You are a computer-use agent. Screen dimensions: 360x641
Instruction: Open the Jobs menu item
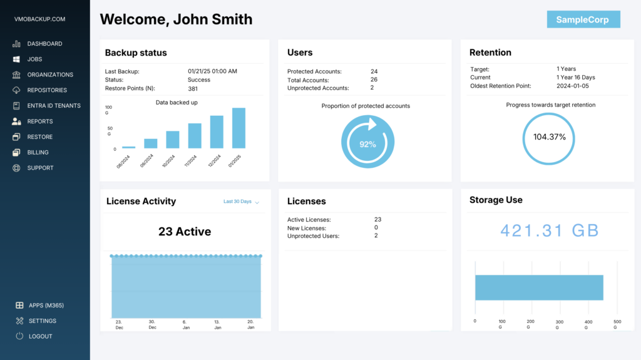[x=34, y=59]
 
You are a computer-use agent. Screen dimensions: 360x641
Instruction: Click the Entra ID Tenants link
[x=54, y=106]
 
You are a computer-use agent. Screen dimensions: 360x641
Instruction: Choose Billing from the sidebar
[x=38, y=152]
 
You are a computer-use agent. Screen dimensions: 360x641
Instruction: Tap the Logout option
[x=40, y=336]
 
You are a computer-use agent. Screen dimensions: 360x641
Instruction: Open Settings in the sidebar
[x=42, y=321]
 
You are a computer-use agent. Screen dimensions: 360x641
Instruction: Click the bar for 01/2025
[x=238, y=128]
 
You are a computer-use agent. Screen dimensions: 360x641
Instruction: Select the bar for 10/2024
[x=173, y=139]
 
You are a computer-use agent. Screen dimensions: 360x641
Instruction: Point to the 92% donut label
[x=367, y=144]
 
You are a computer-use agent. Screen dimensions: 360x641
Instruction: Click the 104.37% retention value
[x=549, y=137]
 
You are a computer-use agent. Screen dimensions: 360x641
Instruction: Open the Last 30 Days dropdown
[x=241, y=202]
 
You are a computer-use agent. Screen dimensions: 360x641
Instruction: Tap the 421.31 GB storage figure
[x=549, y=230]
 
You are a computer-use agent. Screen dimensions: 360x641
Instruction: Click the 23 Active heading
[x=184, y=232]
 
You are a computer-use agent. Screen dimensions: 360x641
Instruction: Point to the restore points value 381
[x=193, y=88]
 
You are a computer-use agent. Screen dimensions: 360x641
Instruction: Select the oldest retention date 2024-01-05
[x=572, y=86]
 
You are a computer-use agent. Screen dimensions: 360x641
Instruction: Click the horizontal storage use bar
[x=538, y=287]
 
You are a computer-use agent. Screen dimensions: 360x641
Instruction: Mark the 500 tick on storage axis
[x=617, y=321]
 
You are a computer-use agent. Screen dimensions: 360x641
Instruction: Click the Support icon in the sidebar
[x=16, y=168]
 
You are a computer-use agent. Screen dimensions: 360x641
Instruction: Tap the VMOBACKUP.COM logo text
[x=39, y=19]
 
